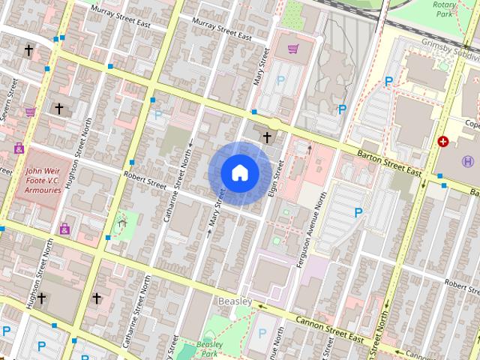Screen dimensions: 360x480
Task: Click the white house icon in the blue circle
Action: pyautogui.click(x=240, y=173)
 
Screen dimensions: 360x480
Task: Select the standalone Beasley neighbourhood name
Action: pyautogui.click(x=234, y=301)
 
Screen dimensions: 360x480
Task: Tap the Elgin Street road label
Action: pyautogui.click(x=277, y=177)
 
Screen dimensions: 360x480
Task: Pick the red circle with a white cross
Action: pyautogui.click(x=443, y=140)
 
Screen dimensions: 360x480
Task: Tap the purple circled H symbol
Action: pyautogui.click(x=469, y=161)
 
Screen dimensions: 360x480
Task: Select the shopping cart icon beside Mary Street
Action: pyautogui.click(x=293, y=49)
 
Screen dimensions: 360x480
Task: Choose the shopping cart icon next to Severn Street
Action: pyautogui.click(x=31, y=112)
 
